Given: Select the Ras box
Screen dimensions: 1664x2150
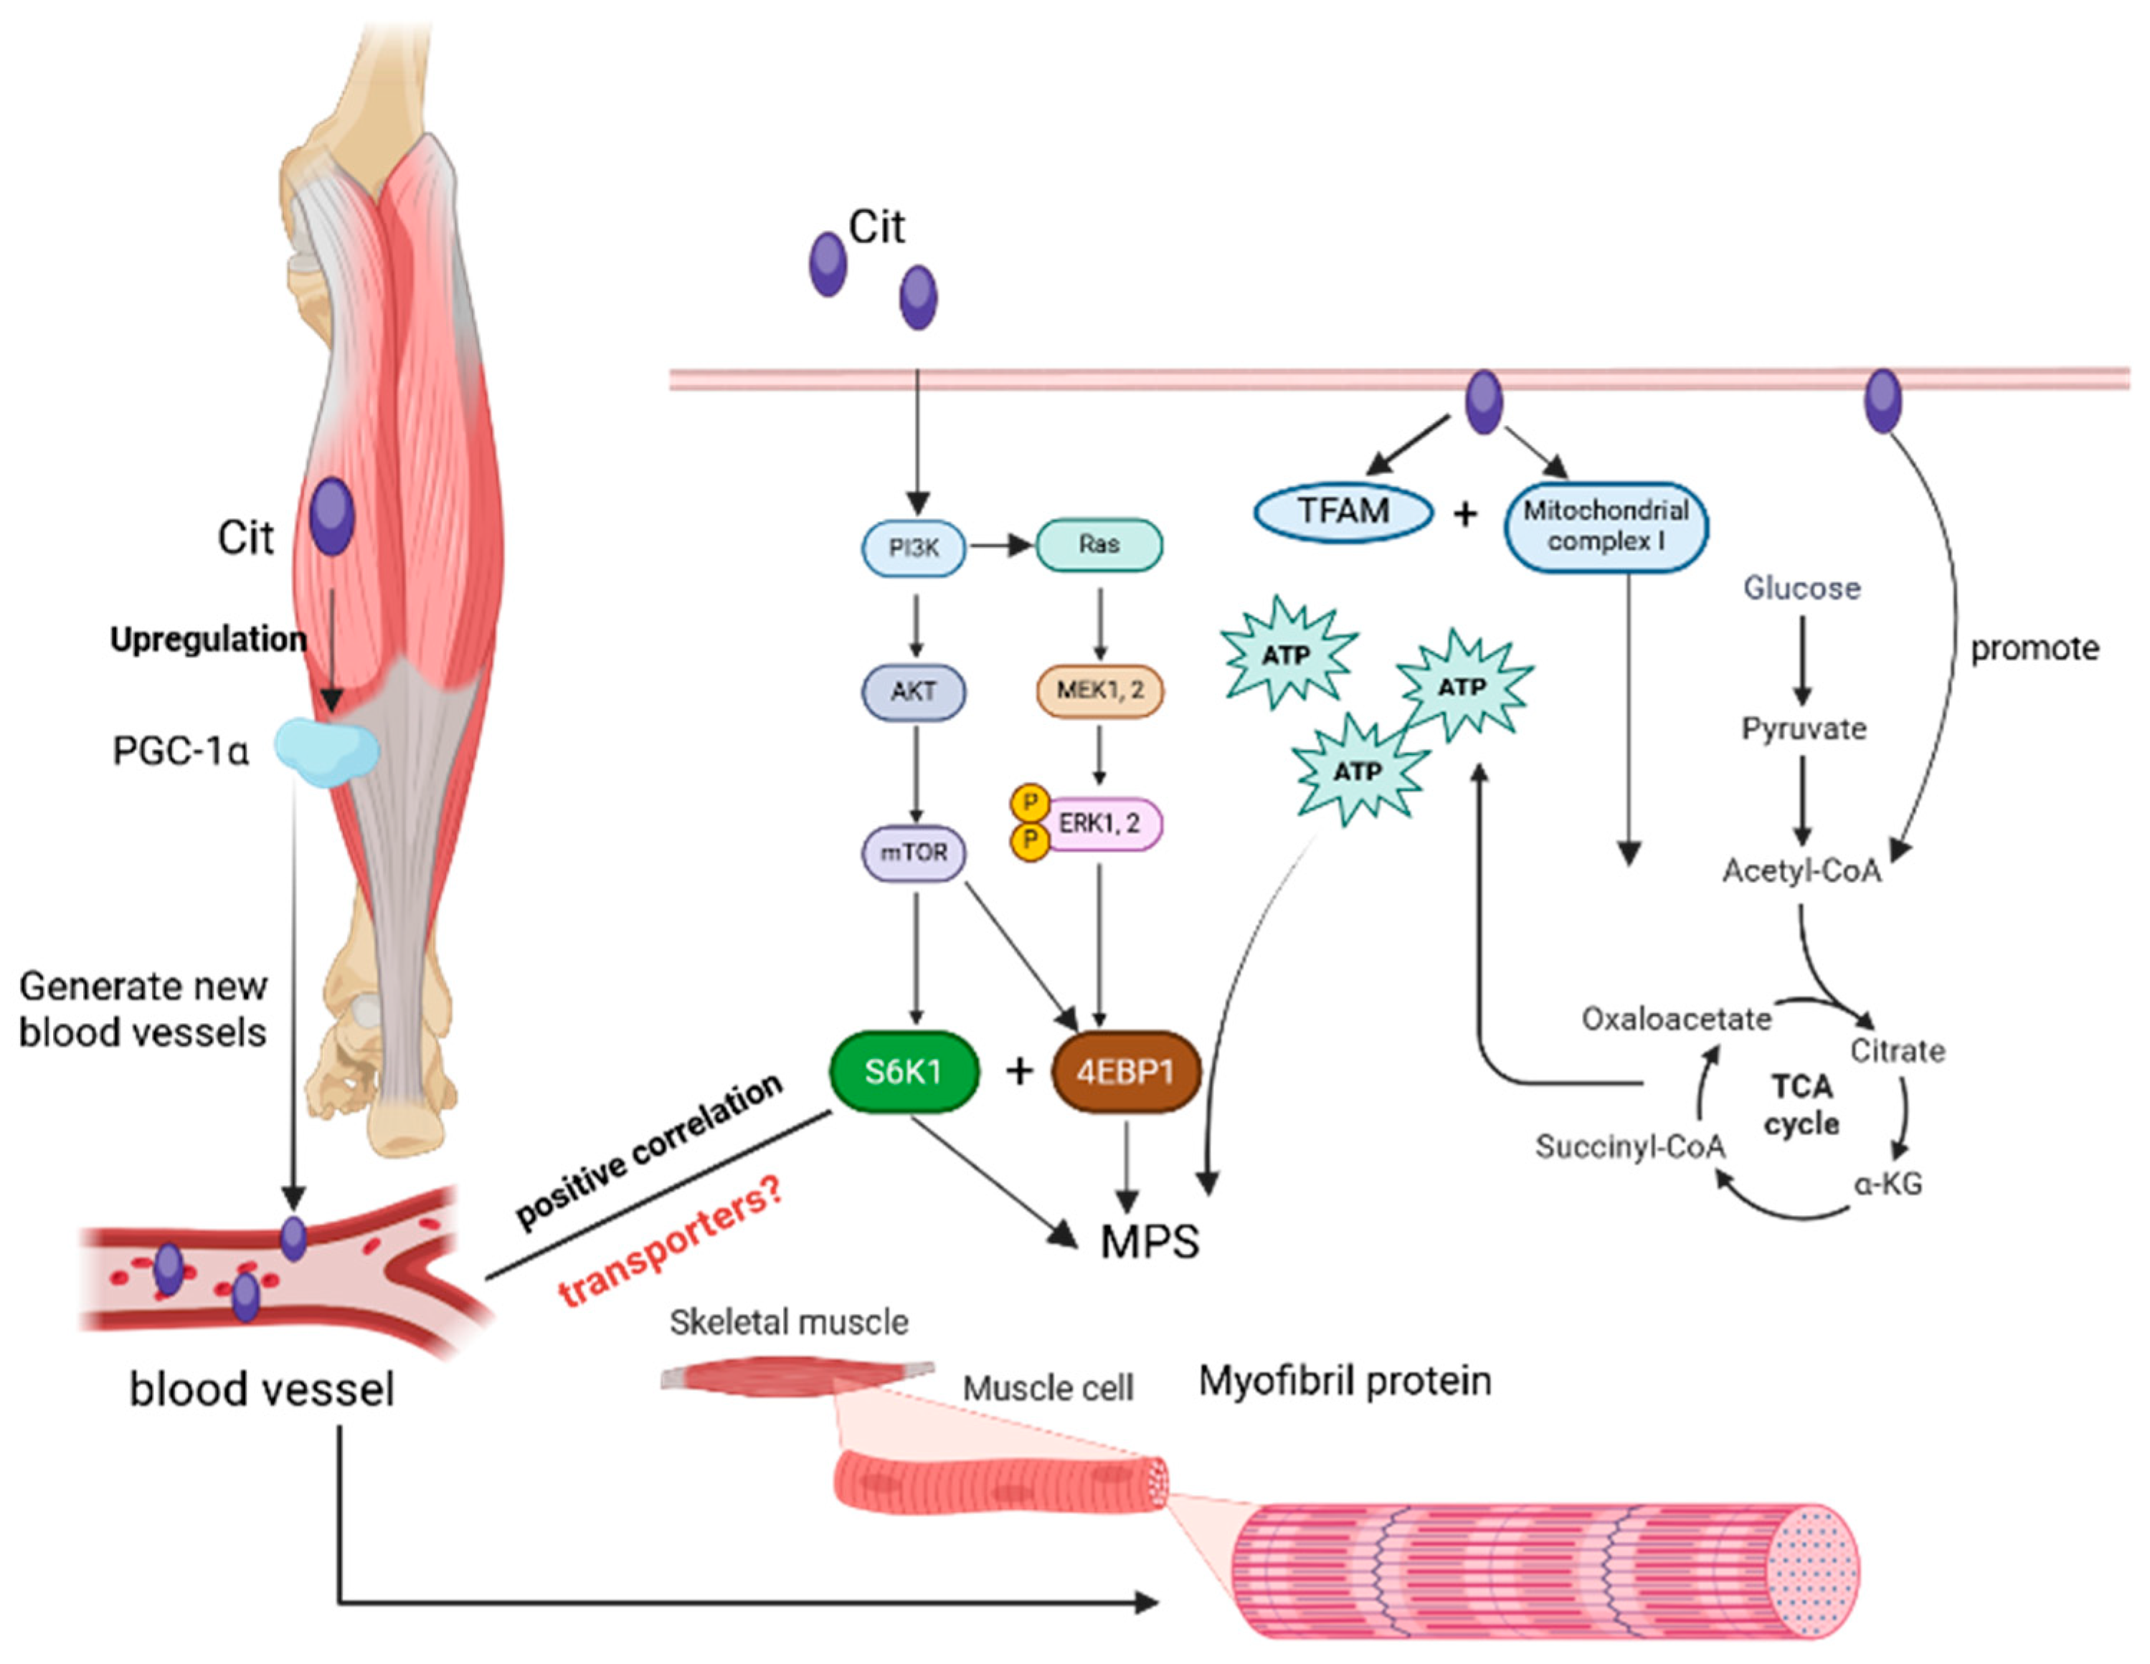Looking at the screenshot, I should pyautogui.click(x=1099, y=544).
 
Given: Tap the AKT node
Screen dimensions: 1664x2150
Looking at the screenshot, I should pyautogui.click(x=913, y=692).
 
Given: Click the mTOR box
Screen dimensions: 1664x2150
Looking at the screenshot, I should pyautogui.click(x=913, y=852).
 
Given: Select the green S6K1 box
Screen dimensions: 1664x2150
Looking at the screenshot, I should pyautogui.click(x=904, y=1072).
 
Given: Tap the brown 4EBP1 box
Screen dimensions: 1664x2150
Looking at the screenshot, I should pyautogui.click(x=1125, y=1072).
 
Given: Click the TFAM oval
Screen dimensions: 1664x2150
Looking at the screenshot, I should pyautogui.click(x=1342, y=512).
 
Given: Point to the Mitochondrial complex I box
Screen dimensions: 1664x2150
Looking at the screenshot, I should pyautogui.click(x=1606, y=526).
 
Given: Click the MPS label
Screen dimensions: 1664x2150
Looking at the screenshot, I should pyautogui.click(x=1149, y=1242).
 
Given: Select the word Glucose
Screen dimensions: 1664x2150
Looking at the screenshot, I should pyautogui.click(x=1801, y=589).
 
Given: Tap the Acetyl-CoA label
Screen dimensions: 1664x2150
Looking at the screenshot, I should pyautogui.click(x=1801, y=871).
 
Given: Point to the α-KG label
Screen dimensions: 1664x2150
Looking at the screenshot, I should pyautogui.click(x=1887, y=1184).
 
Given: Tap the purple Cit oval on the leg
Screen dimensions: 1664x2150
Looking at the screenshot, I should pyautogui.click(x=333, y=517).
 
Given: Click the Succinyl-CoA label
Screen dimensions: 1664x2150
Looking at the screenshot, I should pyautogui.click(x=1630, y=1146).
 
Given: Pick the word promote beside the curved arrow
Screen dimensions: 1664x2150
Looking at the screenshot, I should pyautogui.click(x=2034, y=649).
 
